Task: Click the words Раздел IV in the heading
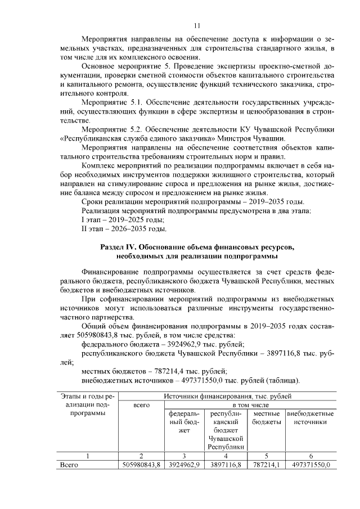[x=119, y=247]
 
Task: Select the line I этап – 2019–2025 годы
[x=115, y=219]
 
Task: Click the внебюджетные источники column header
[x=310, y=417]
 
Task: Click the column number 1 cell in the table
[x=87, y=455]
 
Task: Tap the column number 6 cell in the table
[x=310, y=455]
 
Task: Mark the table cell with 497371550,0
[x=310, y=464]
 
